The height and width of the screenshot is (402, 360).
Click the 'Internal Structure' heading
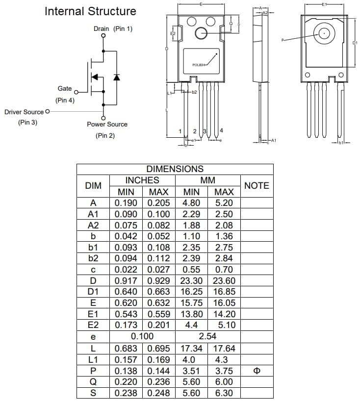point(90,11)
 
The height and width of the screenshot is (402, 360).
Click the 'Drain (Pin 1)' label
point(113,29)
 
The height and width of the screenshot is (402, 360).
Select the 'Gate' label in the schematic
point(65,89)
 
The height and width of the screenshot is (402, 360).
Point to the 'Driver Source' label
point(24,112)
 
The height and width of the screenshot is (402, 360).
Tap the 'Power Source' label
point(107,125)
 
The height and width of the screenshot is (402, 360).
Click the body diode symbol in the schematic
point(116,77)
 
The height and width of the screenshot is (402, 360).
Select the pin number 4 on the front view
point(222,130)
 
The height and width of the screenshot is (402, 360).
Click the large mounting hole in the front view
point(201,33)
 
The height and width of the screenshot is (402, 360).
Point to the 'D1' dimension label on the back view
point(355,43)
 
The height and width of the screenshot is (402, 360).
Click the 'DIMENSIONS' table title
point(175,169)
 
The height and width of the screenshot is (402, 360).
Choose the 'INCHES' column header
point(142,180)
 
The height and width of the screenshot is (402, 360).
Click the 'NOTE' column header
point(257,186)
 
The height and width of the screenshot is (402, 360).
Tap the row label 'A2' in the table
point(93,225)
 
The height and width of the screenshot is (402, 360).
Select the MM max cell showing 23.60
point(224,280)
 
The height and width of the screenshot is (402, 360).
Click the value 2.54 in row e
point(207,336)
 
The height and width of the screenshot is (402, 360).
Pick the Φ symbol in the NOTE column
point(257,371)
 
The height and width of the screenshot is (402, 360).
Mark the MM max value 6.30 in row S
point(224,393)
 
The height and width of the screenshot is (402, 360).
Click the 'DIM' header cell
point(93,186)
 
